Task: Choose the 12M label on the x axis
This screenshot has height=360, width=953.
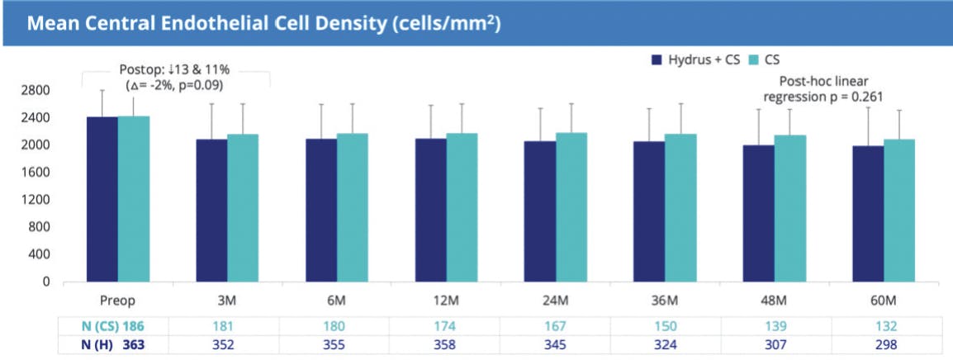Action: (x=448, y=299)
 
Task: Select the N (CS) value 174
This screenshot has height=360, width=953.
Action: (x=447, y=325)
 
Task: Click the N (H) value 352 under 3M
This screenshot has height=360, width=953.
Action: (x=226, y=344)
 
